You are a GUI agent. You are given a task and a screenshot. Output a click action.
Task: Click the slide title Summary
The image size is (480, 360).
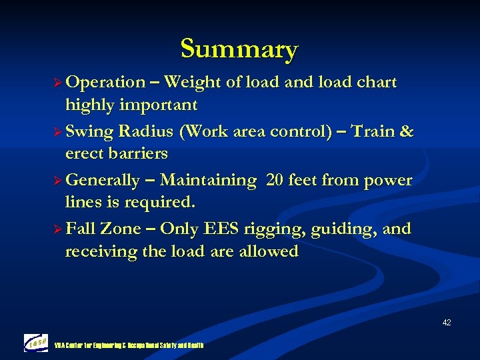click(x=239, y=49)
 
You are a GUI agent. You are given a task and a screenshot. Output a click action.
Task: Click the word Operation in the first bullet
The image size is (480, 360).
click(x=105, y=83)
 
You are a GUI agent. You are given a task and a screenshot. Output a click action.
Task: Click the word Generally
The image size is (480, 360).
click(x=103, y=181)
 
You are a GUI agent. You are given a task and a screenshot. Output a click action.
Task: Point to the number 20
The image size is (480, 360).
click(x=275, y=181)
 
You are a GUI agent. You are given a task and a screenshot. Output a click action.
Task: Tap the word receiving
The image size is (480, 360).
click(x=99, y=252)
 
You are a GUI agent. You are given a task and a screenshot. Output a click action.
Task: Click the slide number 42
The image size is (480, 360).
click(x=446, y=323)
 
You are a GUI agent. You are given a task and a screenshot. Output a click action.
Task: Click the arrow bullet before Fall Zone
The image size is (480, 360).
click(x=57, y=229)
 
